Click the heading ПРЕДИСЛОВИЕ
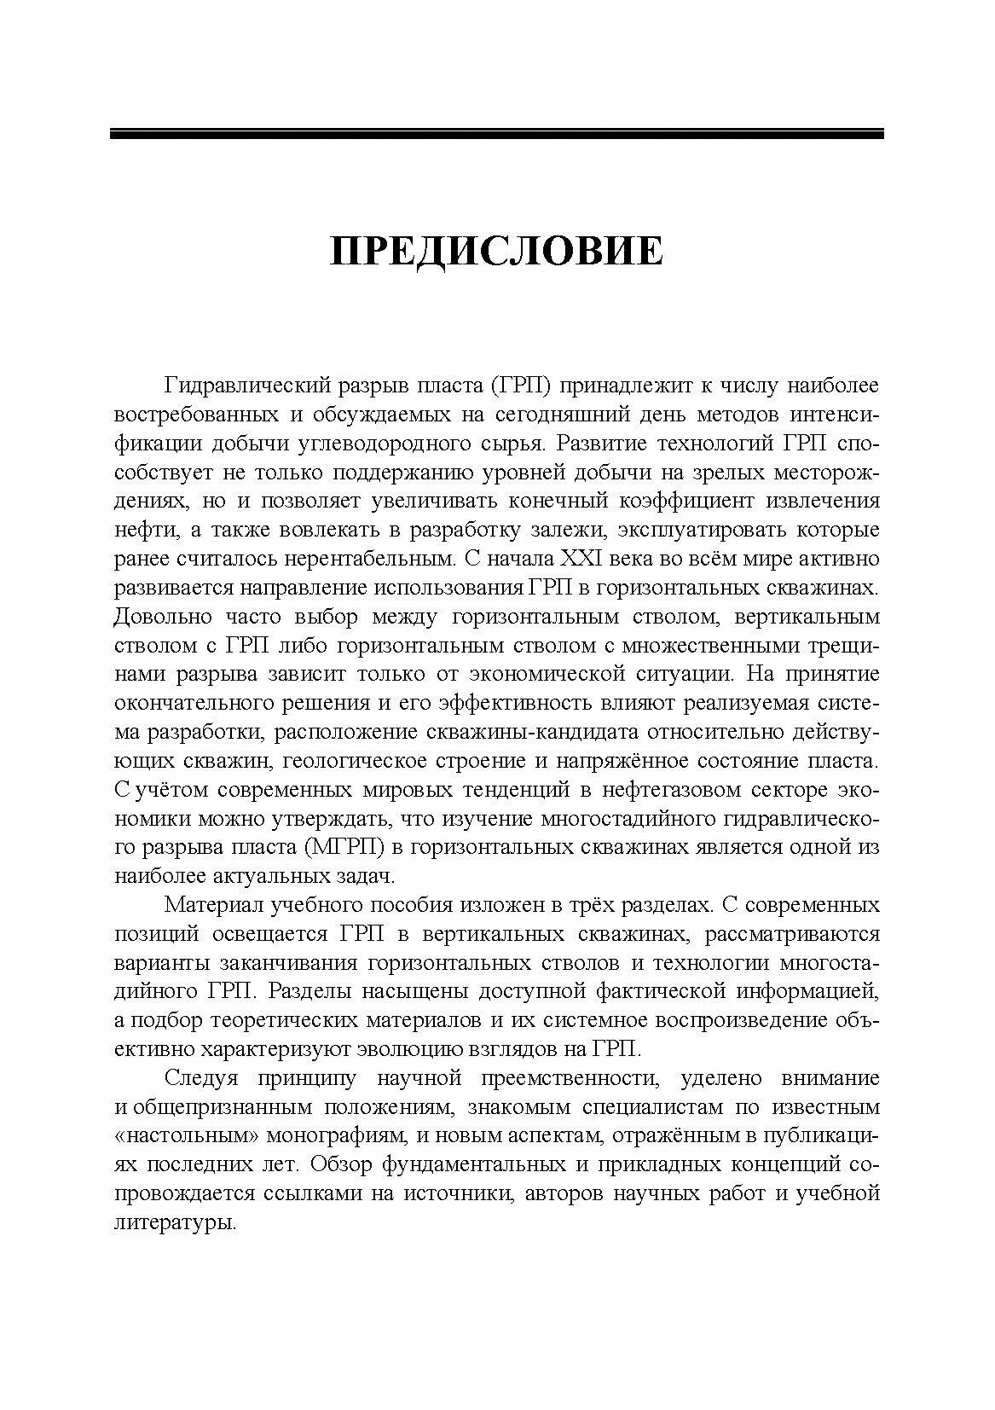(496, 253)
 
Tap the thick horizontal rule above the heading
(496, 133)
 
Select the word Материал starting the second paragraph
(213, 904)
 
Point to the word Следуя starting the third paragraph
(200, 1078)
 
